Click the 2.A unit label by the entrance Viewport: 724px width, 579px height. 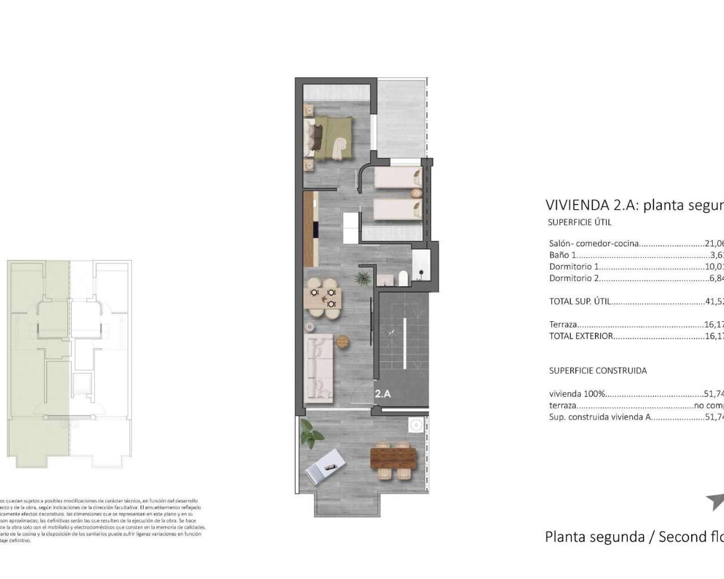(x=383, y=394)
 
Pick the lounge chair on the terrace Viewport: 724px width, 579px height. (x=324, y=466)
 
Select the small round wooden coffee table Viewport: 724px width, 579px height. (x=343, y=342)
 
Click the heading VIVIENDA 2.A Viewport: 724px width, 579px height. (x=591, y=205)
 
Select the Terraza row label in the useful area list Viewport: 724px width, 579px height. (x=563, y=325)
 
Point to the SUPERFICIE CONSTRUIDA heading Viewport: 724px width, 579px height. (x=598, y=371)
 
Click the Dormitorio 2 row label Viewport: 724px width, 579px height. (x=574, y=278)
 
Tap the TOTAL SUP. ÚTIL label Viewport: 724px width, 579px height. (x=580, y=301)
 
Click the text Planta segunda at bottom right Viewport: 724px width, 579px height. (x=594, y=537)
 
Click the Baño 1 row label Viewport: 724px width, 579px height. (x=563, y=255)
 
